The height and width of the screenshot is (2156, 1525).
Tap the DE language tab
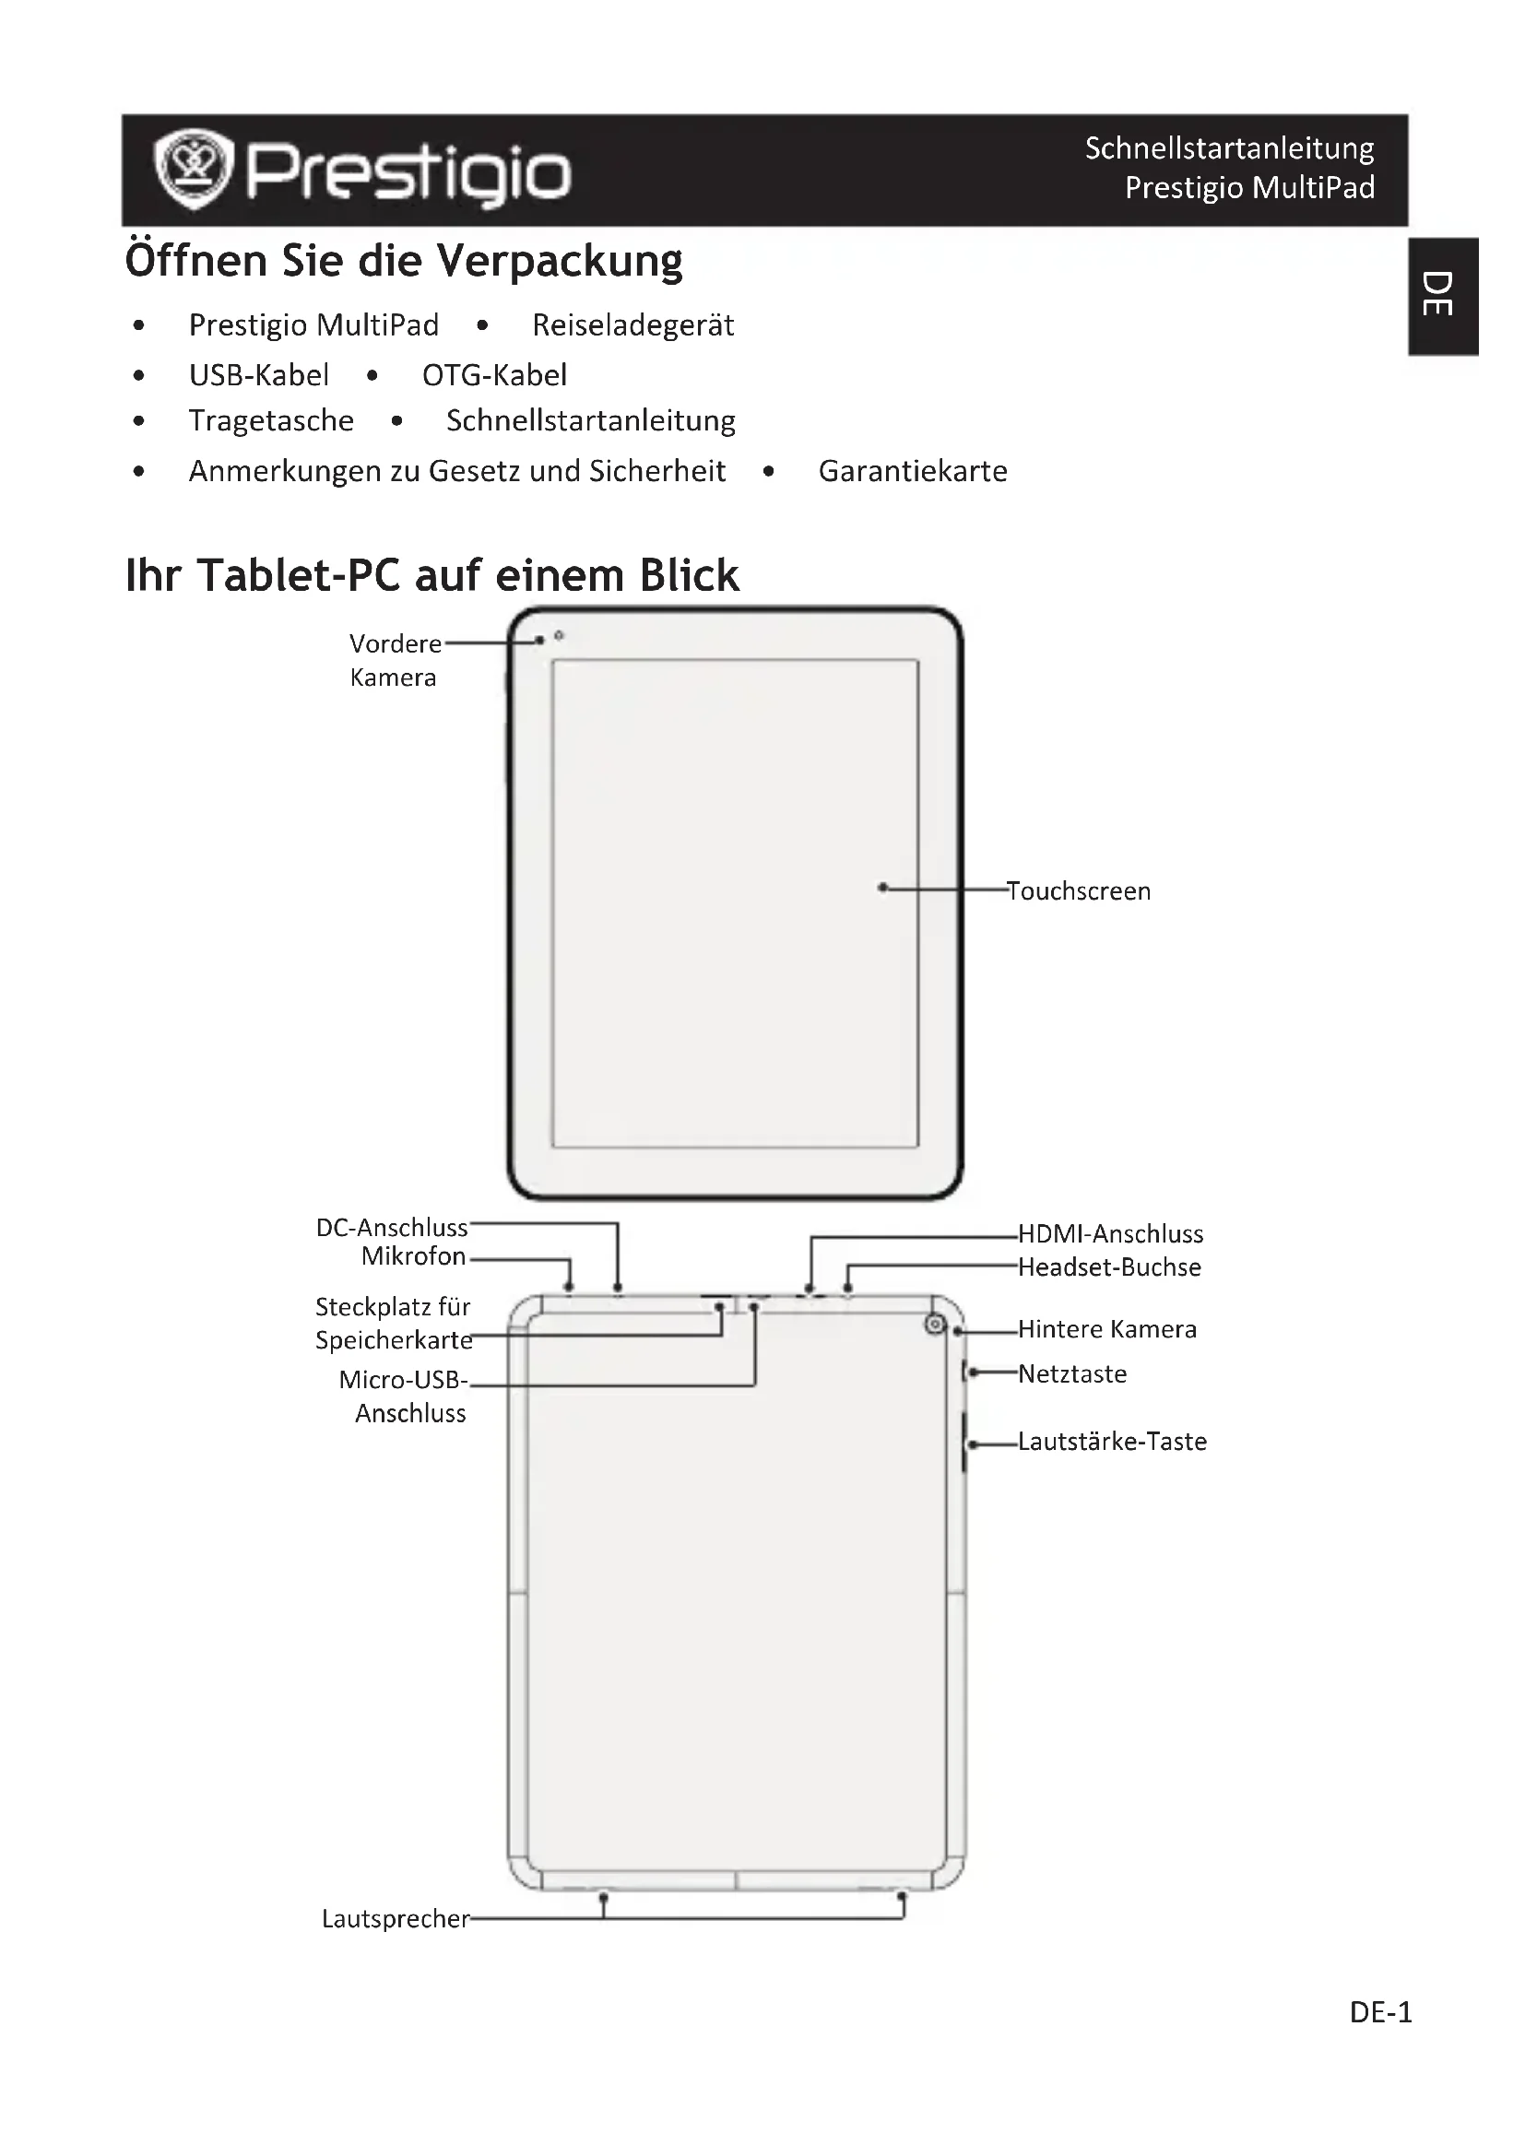(1443, 295)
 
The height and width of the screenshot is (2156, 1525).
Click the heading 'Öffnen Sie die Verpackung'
(404, 261)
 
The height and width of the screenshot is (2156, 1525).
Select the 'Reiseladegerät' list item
(632, 324)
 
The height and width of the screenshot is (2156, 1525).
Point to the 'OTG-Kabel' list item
(494, 374)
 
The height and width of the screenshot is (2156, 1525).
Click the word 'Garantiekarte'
(912, 470)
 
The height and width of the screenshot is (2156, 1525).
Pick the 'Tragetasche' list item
(270, 420)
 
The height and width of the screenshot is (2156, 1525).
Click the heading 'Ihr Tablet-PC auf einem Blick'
(431, 574)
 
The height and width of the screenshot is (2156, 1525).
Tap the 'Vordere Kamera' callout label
(395, 660)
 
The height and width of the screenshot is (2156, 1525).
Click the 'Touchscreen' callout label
(1078, 890)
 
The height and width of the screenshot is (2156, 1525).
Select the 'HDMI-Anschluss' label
(1110, 1233)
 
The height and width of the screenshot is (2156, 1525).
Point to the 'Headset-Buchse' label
(1109, 1267)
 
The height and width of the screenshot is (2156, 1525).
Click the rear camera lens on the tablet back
(934, 1324)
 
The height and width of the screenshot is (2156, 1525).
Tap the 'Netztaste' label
(1071, 1373)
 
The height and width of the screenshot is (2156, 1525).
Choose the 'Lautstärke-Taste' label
(1112, 1442)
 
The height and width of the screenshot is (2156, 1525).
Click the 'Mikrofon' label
(413, 1255)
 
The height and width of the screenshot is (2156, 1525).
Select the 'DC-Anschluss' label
(392, 1227)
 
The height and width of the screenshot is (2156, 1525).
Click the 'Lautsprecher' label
(395, 1918)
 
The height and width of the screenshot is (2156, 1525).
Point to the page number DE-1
(1379, 2012)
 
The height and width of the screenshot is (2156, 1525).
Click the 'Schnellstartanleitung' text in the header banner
(1228, 148)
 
